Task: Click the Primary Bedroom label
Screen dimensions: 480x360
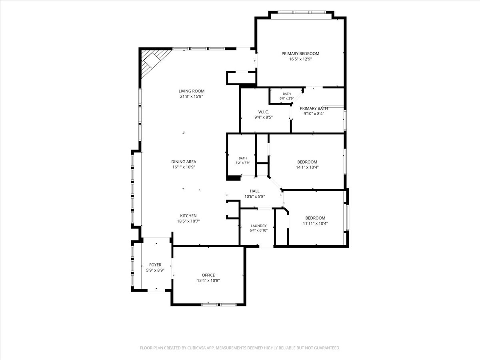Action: (300, 54)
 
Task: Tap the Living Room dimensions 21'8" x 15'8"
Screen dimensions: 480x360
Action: (191, 96)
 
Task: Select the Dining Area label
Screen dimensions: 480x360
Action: (184, 162)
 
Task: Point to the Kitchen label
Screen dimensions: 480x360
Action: (188, 216)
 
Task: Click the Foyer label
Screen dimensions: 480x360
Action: (155, 265)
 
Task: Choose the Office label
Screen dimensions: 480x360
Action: (208, 275)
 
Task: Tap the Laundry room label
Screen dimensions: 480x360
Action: (259, 226)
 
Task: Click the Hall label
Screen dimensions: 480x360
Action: (254, 191)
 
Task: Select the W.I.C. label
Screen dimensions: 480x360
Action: (264, 112)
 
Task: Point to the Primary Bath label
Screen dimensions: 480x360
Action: (314, 108)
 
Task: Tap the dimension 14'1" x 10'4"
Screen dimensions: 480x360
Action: (307, 168)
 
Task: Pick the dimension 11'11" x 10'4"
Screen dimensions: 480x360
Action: (315, 223)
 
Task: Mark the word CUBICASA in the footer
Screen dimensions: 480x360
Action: (196, 348)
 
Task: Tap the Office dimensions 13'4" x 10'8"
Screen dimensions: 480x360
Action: (208, 280)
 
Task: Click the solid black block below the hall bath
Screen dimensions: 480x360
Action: (233, 178)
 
